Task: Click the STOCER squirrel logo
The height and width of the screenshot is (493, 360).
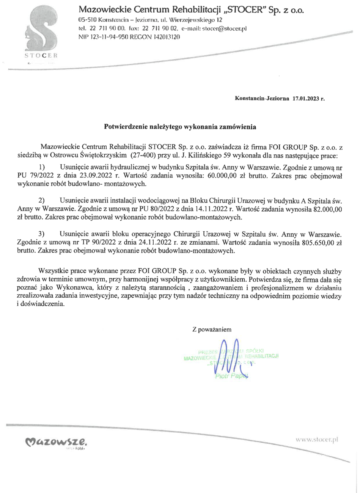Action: [x=41, y=32]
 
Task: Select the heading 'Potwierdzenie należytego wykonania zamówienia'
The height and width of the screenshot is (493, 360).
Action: [x=180, y=127]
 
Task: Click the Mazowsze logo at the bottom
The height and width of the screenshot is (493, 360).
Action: [x=56, y=441]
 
